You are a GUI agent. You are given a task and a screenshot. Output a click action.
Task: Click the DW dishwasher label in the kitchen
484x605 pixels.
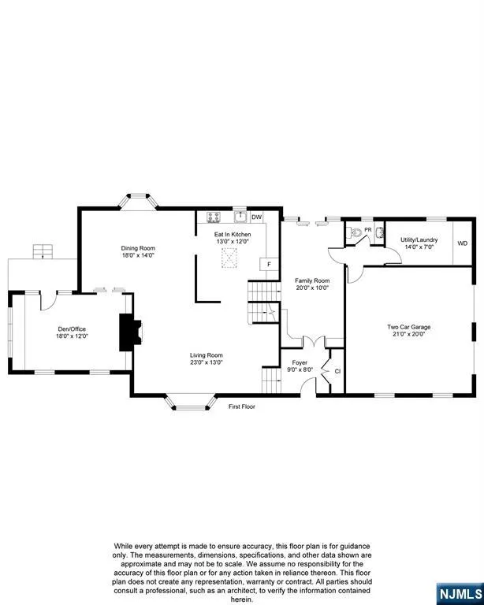click(x=257, y=217)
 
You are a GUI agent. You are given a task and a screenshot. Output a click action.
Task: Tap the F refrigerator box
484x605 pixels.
click(x=269, y=265)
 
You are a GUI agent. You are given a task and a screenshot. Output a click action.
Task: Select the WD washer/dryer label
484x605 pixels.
click(x=463, y=243)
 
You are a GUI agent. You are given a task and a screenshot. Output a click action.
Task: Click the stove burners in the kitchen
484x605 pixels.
click(x=214, y=217)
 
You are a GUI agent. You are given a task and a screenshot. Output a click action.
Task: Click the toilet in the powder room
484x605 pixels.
click(x=356, y=232)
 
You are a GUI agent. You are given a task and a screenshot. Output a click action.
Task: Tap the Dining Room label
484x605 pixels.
click(x=138, y=248)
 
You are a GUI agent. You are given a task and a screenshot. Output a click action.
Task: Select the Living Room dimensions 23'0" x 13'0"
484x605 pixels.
click(x=207, y=362)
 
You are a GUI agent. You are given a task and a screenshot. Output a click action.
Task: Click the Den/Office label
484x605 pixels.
click(x=72, y=329)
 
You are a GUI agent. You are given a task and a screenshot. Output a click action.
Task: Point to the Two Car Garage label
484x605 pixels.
click(x=409, y=327)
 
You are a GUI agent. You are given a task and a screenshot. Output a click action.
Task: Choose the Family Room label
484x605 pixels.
click(x=312, y=280)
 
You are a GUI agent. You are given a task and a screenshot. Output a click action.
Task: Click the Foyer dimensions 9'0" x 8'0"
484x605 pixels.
click(x=300, y=369)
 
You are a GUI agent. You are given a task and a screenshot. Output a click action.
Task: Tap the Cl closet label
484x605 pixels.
click(x=337, y=371)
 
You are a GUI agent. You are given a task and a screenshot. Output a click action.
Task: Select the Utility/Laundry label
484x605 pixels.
click(x=419, y=239)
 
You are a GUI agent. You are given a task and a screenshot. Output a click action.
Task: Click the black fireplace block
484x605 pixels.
click(x=130, y=332)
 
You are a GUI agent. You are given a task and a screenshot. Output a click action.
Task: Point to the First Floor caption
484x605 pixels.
click(x=242, y=406)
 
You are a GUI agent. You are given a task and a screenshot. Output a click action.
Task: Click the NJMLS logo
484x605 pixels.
click(x=460, y=594)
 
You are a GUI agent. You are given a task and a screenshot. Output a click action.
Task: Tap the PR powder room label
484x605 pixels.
click(x=368, y=230)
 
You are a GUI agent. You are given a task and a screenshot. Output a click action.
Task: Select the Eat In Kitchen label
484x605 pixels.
click(x=233, y=234)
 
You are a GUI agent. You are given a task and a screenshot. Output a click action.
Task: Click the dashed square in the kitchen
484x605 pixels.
click(x=229, y=258)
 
